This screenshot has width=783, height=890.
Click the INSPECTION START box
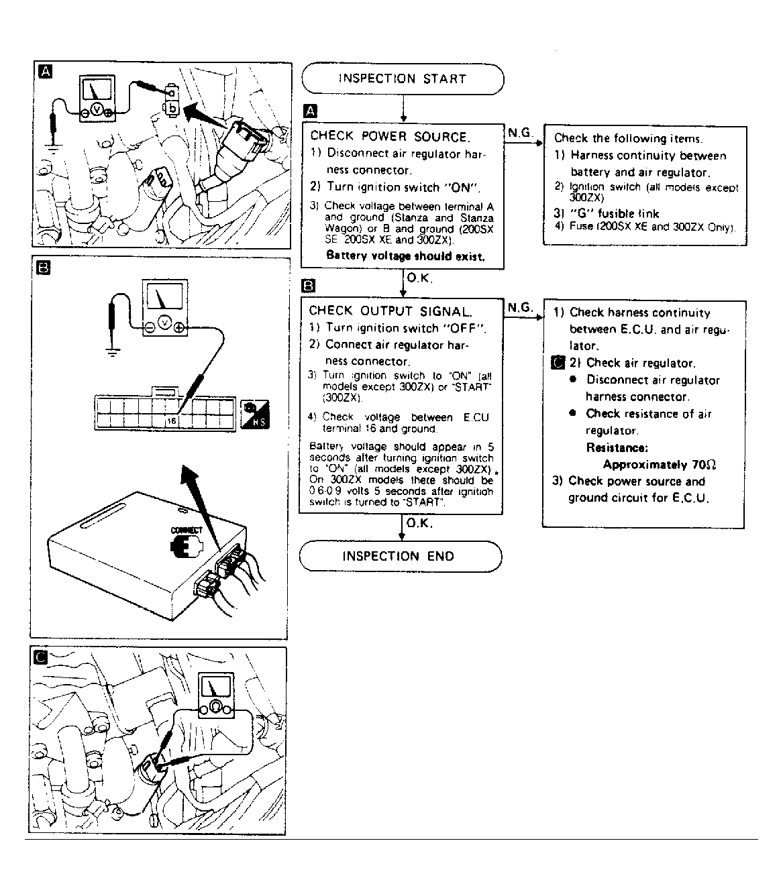tap(402, 78)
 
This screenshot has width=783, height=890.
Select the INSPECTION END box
tap(399, 556)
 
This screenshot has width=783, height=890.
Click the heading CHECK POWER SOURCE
tap(389, 137)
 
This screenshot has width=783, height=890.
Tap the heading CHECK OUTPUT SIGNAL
tap(390, 311)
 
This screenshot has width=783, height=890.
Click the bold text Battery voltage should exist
tap(405, 256)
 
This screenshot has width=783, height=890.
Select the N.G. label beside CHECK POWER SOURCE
tap(520, 133)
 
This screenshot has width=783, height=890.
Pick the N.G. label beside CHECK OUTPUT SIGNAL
tap(520, 307)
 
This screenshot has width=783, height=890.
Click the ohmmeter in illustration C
tap(215, 696)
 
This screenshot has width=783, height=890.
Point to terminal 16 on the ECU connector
tap(172, 421)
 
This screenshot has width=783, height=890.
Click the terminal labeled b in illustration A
tap(172, 107)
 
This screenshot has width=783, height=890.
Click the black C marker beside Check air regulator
tap(556, 363)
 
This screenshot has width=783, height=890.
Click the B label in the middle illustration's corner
tap(42, 270)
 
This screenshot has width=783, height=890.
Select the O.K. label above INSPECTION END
tap(419, 523)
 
